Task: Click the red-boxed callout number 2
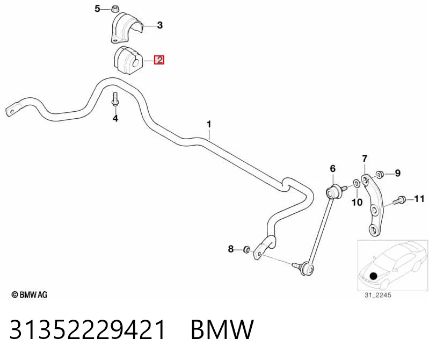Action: click(159, 60)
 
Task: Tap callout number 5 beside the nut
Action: click(97, 9)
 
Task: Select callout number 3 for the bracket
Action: click(160, 25)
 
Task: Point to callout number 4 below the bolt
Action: click(115, 118)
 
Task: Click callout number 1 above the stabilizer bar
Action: click(209, 124)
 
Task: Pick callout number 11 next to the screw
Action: click(419, 199)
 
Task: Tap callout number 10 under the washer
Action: click(357, 203)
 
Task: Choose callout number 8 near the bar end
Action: click(231, 249)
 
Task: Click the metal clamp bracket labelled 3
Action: click(126, 27)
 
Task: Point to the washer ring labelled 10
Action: click(357, 183)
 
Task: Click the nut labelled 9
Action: click(379, 174)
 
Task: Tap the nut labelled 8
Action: click(246, 249)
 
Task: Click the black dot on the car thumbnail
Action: click(373, 276)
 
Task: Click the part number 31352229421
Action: click(88, 329)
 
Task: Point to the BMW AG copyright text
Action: click(30, 294)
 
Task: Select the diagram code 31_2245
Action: click(377, 295)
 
